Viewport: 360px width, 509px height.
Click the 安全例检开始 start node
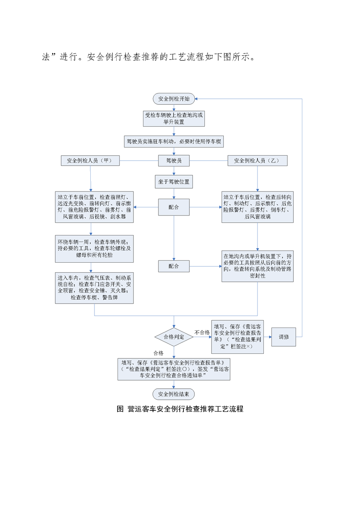174,98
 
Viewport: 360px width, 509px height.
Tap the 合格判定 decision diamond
174,337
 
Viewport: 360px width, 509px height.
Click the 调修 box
284,337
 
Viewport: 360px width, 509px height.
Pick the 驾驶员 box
174,161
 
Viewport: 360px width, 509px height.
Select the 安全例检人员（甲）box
89,161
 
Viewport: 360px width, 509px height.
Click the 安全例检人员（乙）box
257,161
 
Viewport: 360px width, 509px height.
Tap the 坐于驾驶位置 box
174,182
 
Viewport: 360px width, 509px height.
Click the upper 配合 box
174,207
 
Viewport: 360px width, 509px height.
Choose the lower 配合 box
174,266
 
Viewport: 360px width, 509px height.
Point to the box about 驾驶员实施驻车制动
174,141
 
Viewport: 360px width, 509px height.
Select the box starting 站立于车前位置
94,207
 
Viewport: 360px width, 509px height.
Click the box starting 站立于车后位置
257,207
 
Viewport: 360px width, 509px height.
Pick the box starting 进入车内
94,288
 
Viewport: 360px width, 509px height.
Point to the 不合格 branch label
202,333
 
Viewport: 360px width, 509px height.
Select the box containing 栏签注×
239,337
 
